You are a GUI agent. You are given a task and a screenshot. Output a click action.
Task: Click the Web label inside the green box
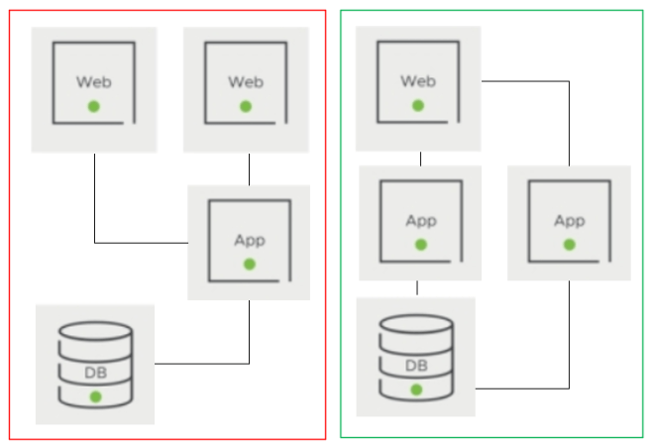(417, 80)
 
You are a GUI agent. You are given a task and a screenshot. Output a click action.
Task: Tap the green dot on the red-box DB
(95, 396)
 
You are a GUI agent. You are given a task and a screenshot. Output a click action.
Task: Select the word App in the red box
(249, 240)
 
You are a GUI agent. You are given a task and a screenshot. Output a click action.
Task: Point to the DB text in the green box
(416, 367)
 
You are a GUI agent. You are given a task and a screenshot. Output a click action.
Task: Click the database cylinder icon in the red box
(95, 365)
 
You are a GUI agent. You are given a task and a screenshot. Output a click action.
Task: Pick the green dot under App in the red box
(249, 264)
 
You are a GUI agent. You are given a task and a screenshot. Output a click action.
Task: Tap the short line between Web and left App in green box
(420, 159)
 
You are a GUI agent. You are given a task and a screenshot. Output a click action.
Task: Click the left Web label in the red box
(93, 81)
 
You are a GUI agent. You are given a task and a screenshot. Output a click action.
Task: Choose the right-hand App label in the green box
(569, 220)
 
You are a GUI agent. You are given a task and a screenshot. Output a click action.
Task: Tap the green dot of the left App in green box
(420, 244)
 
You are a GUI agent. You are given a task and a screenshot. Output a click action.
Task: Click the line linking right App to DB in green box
(569, 337)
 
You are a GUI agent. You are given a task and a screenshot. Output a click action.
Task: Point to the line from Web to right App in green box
(569, 119)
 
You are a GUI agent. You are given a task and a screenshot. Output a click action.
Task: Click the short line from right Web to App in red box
(249, 168)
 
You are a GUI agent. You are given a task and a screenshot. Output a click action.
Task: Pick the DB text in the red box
(95, 373)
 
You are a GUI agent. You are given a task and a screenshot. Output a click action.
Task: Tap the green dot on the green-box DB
(416, 390)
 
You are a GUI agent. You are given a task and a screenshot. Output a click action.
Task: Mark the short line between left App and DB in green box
(417, 288)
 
